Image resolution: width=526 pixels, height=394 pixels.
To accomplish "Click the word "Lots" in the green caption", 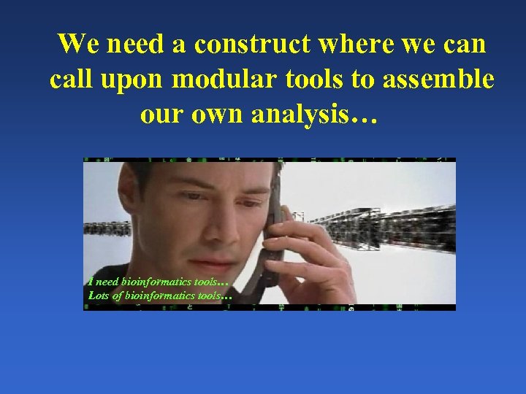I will click(97, 295).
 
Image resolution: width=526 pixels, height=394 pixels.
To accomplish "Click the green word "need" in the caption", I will click(106, 281).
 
